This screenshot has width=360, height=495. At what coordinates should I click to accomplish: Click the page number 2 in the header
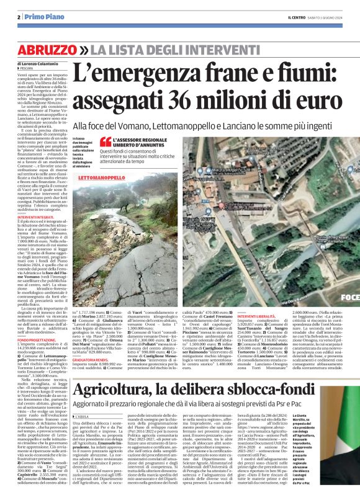(x=19, y=17)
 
